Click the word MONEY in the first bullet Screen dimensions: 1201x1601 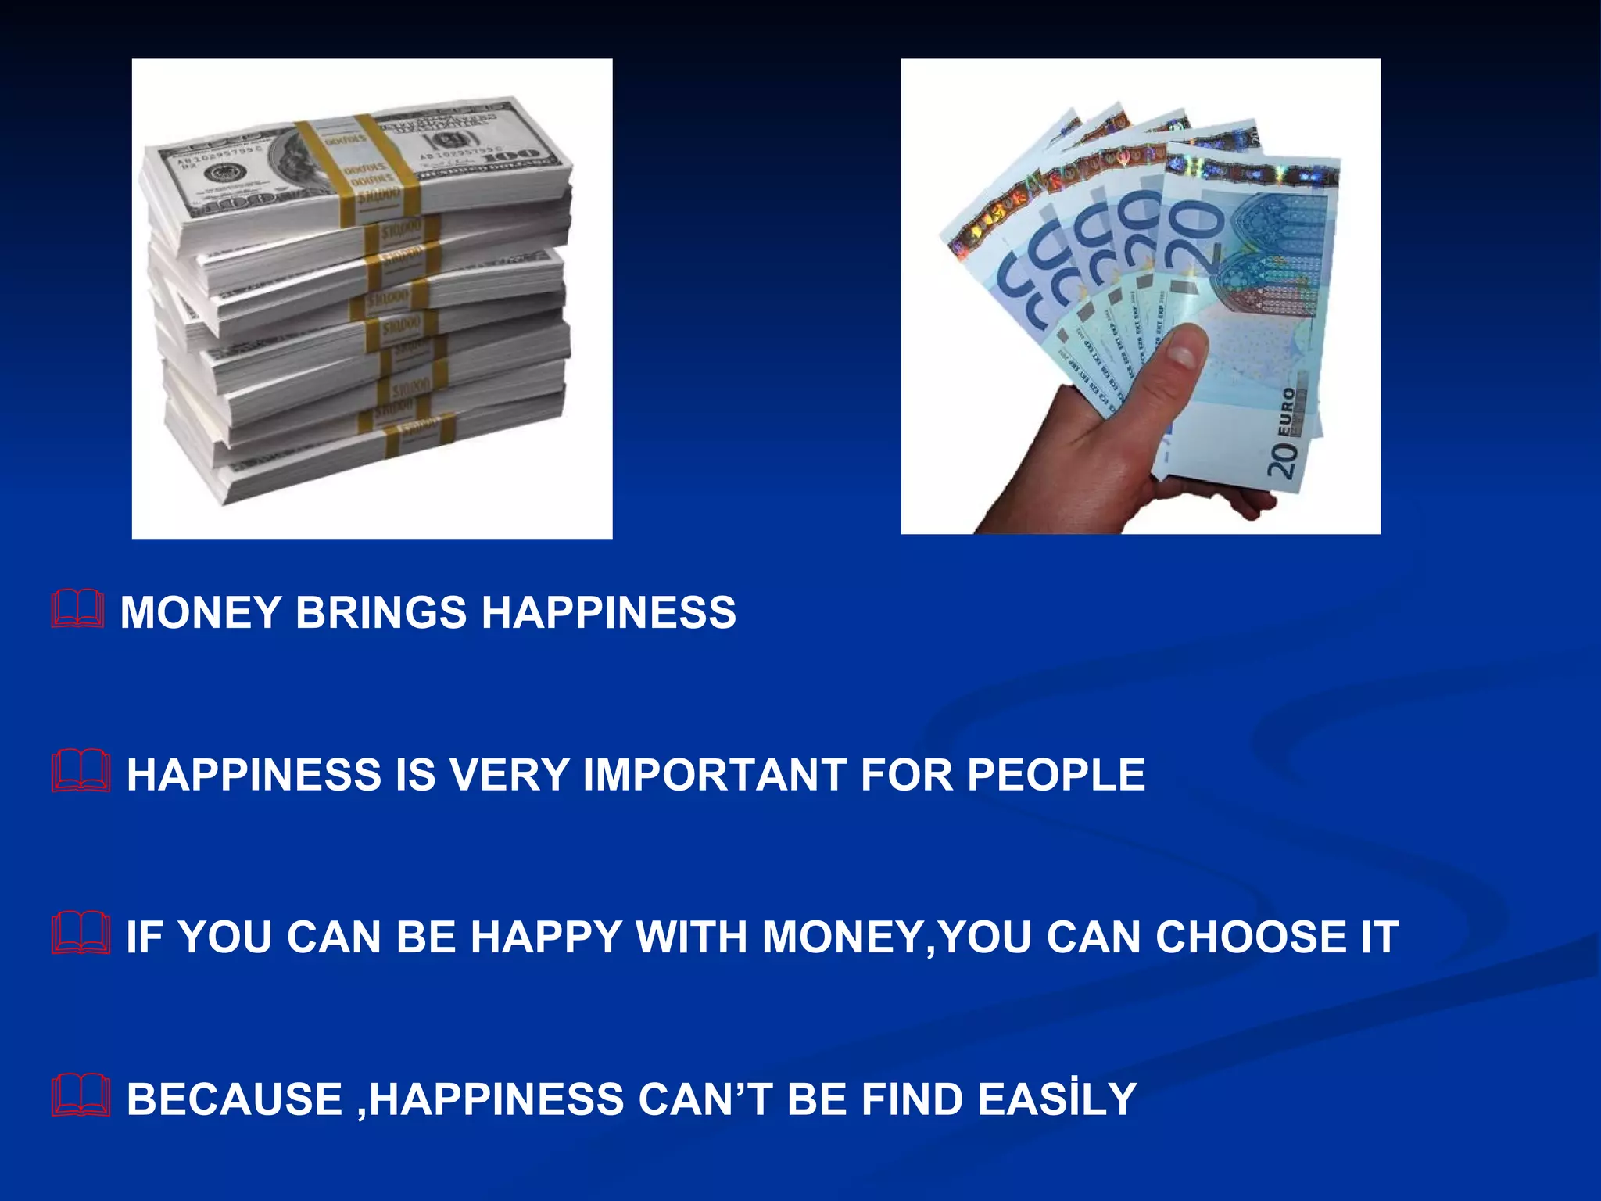[x=200, y=612]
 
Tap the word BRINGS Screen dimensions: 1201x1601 [x=381, y=612]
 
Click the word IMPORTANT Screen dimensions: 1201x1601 [x=715, y=775]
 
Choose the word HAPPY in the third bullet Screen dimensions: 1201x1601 [x=546, y=937]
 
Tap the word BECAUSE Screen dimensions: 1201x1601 [x=235, y=1099]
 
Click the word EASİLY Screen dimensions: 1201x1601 [x=1057, y=1099]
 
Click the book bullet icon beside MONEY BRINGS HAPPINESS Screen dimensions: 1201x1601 [x=77, y=610]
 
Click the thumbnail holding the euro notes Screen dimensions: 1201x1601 [x=1140, y=296]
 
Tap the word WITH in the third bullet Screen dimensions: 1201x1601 [x=692, y=937]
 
